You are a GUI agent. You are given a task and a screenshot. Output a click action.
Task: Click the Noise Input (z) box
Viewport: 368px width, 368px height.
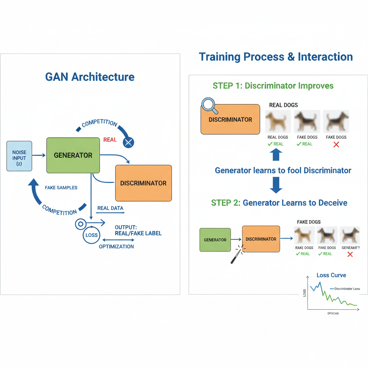pos(19,156)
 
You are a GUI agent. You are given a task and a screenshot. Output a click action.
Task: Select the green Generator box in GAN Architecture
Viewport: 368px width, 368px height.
pos(73,155)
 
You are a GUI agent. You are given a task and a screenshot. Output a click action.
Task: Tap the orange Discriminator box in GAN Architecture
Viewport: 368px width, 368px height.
pos(143,183)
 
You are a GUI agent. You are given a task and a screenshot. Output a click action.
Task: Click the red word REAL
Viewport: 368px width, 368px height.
pos(110,139)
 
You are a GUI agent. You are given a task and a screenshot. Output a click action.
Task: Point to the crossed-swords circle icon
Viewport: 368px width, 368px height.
pos(128,142)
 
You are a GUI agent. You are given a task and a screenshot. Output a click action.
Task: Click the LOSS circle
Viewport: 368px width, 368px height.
pos(92,235)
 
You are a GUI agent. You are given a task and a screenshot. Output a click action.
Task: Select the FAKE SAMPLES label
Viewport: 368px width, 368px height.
pos(61,188)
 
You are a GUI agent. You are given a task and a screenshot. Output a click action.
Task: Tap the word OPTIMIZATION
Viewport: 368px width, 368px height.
pos(116,247)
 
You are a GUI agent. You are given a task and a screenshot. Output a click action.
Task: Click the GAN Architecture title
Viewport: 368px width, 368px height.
pos(90,77)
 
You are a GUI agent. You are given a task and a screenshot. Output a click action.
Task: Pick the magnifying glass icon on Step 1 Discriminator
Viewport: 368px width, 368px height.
pos(208,105)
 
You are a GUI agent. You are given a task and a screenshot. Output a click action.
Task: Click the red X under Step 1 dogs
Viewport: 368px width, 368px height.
pos(336,144)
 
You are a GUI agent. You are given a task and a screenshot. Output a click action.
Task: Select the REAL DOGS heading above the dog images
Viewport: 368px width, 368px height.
pos(284,105)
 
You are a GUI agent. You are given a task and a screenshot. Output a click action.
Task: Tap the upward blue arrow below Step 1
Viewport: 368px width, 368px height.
pos(276,155)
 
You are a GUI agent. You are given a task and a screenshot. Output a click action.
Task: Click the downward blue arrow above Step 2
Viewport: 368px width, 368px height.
pos(276,185)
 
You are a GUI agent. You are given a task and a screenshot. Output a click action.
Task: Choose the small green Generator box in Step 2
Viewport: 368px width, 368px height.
pos(215,240)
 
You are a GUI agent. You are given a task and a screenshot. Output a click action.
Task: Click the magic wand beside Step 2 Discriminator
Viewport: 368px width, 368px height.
pos(236,254)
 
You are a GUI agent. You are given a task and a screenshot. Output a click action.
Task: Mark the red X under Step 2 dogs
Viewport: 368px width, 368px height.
pos(350,254)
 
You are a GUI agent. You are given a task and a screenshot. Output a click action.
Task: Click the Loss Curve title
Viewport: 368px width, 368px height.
pos(331,275)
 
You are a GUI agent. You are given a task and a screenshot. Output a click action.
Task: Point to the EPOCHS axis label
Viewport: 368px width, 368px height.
pos(333,313)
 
